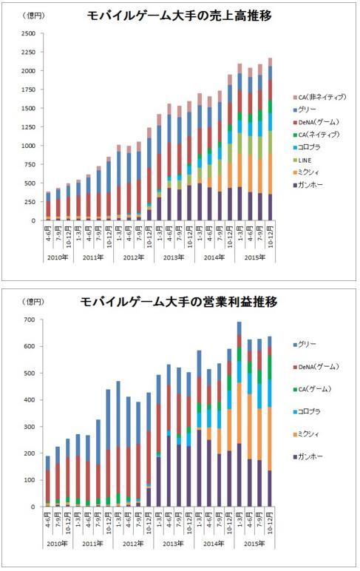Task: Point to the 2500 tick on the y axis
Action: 27,34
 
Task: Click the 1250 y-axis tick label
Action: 27,127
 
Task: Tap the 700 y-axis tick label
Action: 30,320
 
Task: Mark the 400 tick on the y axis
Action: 30,400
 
